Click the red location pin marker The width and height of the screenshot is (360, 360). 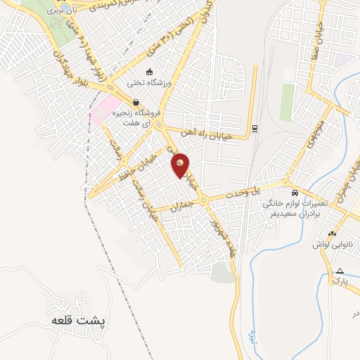tap(181, 165)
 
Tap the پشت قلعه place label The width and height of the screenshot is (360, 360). tap(78, 319)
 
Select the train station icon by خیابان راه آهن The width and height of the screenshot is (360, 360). tap(254, 129)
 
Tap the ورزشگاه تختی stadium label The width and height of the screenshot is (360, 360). tap(145, 82)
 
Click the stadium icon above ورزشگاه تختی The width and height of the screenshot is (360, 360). tap(149, 72)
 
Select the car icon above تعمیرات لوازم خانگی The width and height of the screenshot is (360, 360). tap(294, 192)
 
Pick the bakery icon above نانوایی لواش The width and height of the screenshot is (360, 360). tap(332, 233)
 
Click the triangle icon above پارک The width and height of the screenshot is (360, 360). tap(340, 271)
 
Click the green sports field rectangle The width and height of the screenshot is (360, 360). tap(287, 103)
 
